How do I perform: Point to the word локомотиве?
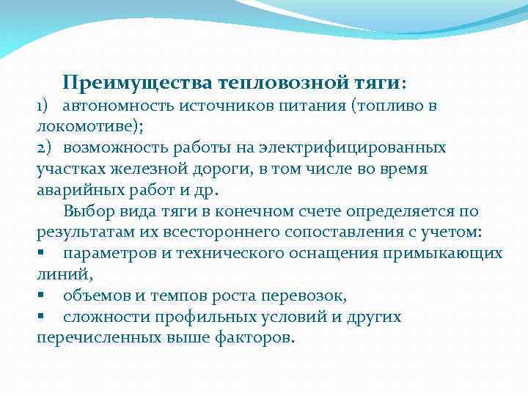[85, 126]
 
